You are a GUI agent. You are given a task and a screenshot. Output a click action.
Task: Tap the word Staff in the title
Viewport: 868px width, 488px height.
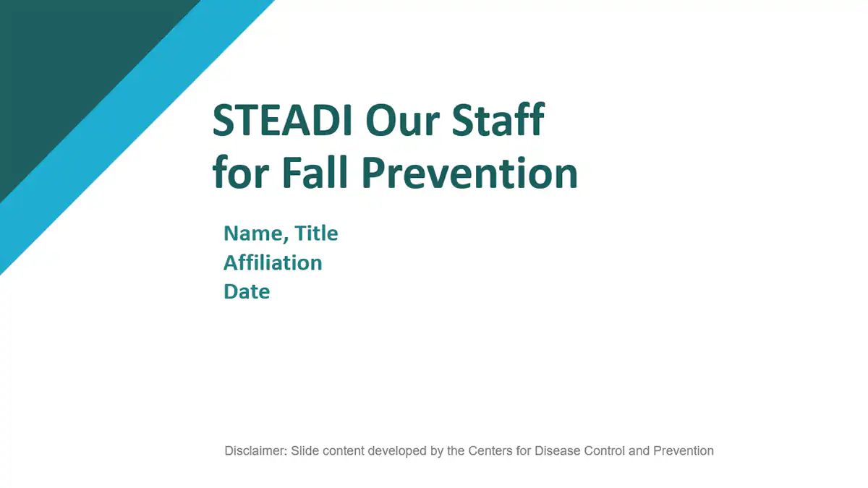point(499,121)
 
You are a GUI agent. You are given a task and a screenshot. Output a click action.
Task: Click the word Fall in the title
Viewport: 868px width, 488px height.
point(314,173)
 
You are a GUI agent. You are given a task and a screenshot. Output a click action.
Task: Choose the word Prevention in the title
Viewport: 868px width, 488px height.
point(469,173)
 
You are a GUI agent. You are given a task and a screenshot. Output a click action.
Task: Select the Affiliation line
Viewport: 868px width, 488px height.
point(273,262)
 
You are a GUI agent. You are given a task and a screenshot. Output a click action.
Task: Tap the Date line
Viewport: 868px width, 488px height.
point(247,291)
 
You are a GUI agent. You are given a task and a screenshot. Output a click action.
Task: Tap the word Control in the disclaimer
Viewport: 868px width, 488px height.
point(605,451)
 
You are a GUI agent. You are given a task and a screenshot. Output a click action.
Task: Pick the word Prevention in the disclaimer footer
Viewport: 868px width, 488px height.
point(684,451)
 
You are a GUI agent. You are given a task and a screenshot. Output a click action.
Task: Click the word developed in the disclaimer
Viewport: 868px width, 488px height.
point(396,451)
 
